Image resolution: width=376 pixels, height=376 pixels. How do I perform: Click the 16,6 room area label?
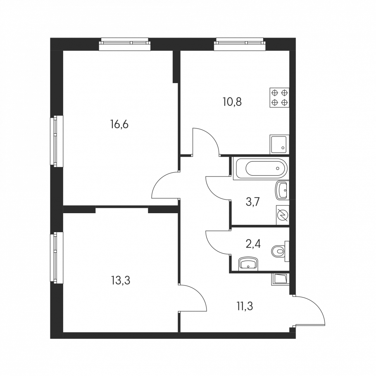[x=119, y=124]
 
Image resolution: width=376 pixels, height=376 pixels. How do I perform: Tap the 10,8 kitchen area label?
[x=232, y=102]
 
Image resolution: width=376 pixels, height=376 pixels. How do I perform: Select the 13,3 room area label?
[x=121, y=280]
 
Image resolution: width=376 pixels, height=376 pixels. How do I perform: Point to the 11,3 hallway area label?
[x=245, y=306]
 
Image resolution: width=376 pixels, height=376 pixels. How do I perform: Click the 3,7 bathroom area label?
[x=253, y=202]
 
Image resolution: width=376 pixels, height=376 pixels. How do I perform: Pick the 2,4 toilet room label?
[x=254, y=244]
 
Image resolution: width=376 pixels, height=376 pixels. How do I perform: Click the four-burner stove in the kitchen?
[x=279, y=98]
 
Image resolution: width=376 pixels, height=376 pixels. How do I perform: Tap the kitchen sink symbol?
[x=279, y=144]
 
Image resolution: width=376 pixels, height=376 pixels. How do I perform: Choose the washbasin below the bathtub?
[x=282, y=190]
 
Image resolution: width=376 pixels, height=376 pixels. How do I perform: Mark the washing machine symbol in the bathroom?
[x=283, y=215]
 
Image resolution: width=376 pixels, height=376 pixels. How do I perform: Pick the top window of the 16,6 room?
[x=125, y=44]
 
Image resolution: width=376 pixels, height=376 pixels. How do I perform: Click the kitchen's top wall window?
[x=240, y=44]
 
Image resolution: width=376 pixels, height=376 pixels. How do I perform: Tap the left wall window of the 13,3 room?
[x=57, y=257]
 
